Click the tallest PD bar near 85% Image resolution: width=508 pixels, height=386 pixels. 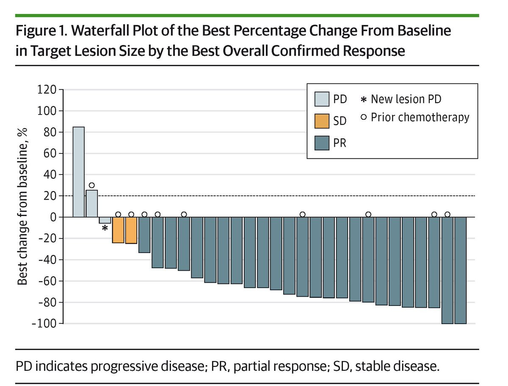pos(78,172)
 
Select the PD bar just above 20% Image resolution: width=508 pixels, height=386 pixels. pos(91,203)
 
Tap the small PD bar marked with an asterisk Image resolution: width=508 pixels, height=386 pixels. pos(105,220)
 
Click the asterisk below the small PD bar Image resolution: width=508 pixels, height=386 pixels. pos(105,228)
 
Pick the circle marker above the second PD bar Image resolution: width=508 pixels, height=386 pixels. pos(91,185)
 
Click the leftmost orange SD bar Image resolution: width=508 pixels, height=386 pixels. pos(118,230)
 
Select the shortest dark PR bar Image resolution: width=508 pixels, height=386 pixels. pos(144,235)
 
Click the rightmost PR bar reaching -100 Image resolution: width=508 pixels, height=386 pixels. pos(460,270)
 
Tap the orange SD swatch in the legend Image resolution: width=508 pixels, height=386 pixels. pos(322,121)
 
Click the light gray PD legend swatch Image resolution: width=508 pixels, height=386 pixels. pos(322,99)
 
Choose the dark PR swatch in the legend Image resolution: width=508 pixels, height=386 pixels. pos(322,143)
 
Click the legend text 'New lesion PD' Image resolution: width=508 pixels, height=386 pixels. pos(406,99)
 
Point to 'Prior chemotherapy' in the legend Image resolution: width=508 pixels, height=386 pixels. pos(420,118)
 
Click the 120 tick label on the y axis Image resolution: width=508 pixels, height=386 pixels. pos(47,89)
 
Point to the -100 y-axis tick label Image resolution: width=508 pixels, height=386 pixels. pos(44,323)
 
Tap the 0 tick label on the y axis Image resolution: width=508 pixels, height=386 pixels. pos(53,217)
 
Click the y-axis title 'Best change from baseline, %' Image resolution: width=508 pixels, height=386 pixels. pos(22,206)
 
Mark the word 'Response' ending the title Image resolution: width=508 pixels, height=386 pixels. pos(374,51)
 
